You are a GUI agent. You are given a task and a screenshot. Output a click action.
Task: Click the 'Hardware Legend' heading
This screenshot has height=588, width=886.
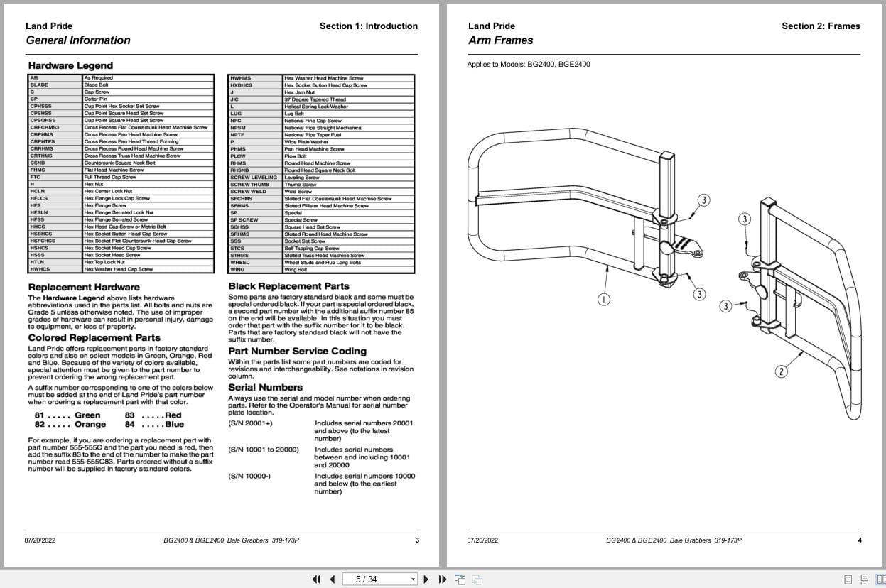click(x=70, y=66)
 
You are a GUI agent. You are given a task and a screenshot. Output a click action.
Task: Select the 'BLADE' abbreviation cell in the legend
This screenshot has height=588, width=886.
click(x=40, y=85)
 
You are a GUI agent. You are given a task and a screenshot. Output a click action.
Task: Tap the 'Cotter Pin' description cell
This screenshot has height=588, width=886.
click(x=96, y=99)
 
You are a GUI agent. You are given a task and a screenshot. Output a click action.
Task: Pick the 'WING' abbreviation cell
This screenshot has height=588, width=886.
click(x=237, y=270)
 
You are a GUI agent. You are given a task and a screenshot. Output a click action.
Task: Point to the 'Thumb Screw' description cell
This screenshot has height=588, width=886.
click(x=301, y=185)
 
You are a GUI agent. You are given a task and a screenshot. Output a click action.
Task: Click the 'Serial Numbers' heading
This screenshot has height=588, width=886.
click(x=265, y=387)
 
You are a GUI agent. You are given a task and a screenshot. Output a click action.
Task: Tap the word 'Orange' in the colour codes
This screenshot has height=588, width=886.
click(x=90, y=425)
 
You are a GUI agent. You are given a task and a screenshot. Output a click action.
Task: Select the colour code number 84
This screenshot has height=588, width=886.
click(x=130, y=425)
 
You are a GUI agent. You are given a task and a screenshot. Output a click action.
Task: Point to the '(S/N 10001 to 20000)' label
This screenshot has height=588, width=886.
click(x=264, y=450)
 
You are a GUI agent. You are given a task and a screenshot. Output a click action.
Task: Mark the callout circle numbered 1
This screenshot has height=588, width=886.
click(x=603, y=299)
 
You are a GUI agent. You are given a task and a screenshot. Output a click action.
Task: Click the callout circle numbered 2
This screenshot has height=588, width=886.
click(x=781, y=371)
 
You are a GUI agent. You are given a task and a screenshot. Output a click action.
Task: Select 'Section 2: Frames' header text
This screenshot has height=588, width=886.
click(x=821, y=26)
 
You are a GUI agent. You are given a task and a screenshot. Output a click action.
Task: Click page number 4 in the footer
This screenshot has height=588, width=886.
click(x=860, y=540)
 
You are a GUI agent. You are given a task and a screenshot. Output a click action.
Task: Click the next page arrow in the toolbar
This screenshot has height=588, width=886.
click(x=426, y=579)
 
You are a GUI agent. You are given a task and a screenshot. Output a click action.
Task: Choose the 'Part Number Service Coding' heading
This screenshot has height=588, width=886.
click(x=297, y=351)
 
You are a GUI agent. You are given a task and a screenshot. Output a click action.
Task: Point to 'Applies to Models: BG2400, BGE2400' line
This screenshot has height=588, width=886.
click(x=528, y=65)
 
